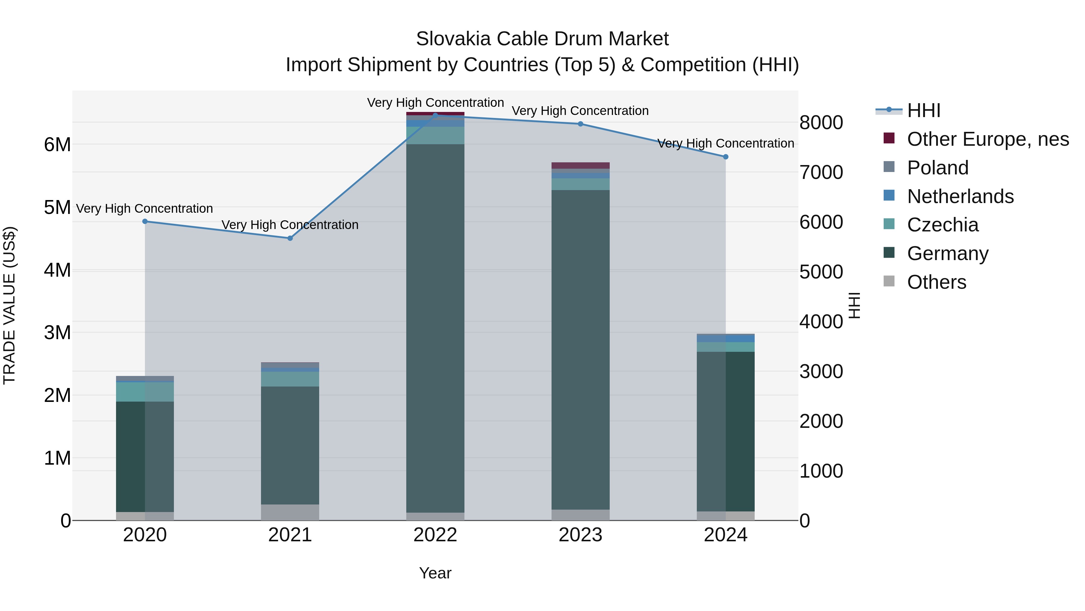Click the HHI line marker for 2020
point(145,221)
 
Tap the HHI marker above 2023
point(580,124)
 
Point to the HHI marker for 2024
point(725,157)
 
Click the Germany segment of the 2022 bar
point(435,329)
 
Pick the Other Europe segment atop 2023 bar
point(580,165)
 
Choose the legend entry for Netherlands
point(960,196)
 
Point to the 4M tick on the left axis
point(57,270)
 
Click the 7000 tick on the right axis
point(821,173)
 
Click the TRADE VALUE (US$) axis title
point(9,305)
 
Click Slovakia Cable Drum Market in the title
point(542,39)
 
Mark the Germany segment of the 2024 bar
point(725,430)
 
